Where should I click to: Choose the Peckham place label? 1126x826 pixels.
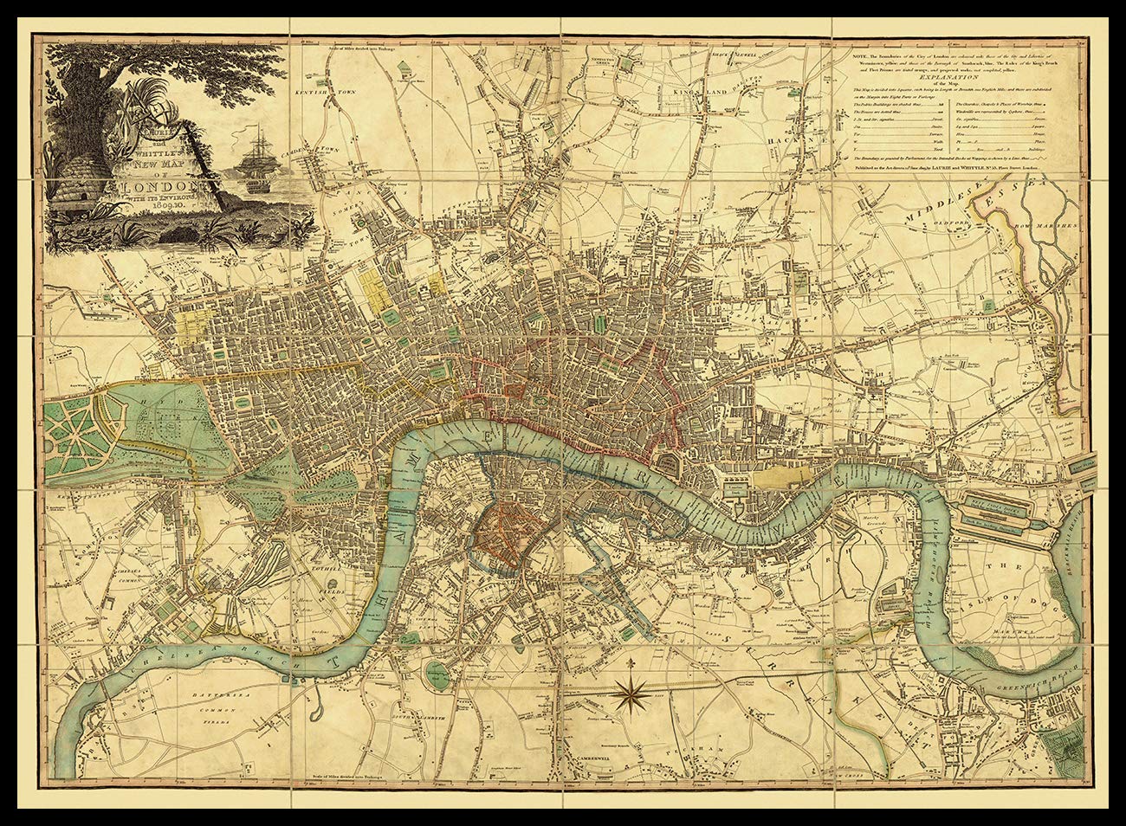click(x=696, y=746)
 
